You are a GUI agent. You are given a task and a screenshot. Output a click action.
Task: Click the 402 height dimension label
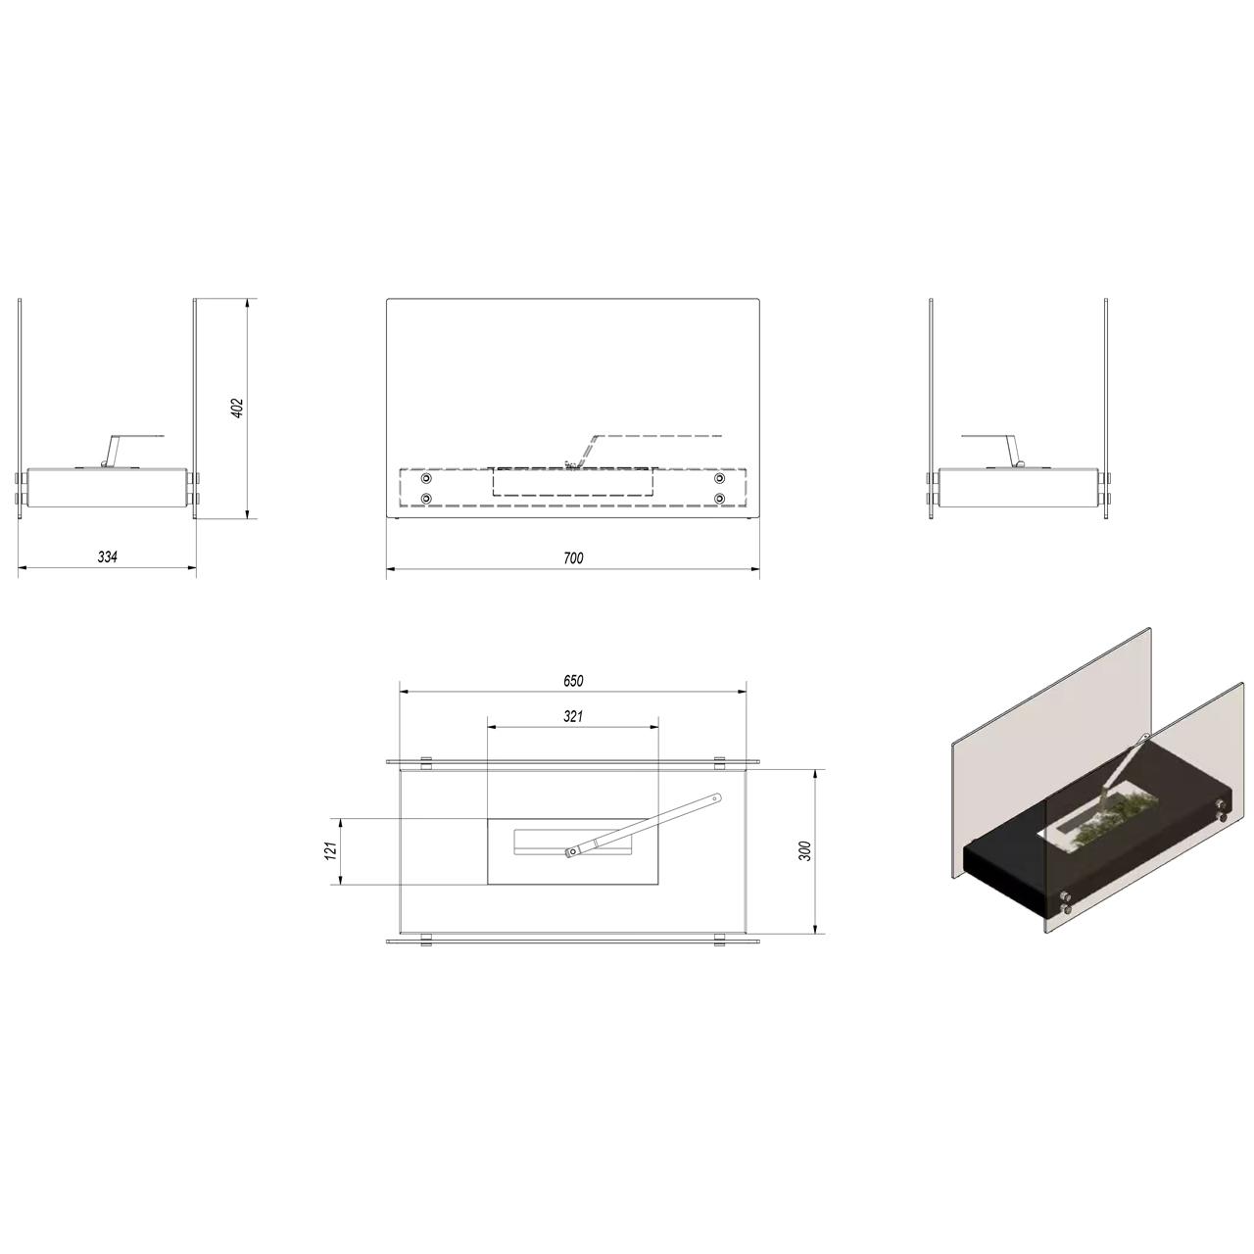coord(238,408)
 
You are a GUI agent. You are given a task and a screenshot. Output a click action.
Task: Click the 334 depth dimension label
coord(108,556)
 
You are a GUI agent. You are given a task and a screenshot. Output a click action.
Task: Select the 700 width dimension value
coord(573,557)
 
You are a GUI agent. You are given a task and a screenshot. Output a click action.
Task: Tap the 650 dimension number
coord(573,681)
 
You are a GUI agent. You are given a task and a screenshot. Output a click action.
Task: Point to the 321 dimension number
coord(573,716)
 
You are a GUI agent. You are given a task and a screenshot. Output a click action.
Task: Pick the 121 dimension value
coord(331,850)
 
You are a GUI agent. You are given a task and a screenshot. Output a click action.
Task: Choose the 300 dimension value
coord(805,850)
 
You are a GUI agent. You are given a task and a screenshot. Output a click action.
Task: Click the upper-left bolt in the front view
coord(427,479)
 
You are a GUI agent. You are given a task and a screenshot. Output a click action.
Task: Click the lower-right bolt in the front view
coord(720,499)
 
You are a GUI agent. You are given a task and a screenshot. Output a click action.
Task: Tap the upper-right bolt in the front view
coord(720,479)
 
